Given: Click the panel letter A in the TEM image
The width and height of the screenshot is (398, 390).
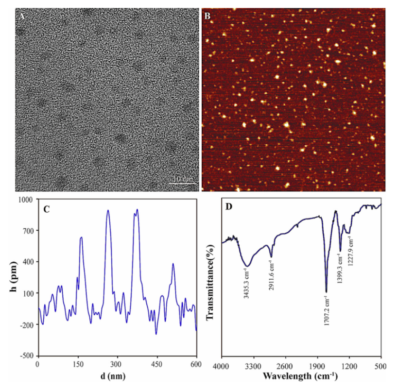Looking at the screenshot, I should (x=21, y=17).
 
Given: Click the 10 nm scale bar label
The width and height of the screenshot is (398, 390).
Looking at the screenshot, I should (x=184, y=179).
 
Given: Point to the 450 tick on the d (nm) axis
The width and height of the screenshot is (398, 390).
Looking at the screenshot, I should (x=156, y=364).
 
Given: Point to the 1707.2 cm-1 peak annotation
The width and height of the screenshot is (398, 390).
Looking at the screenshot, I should (x=327, y=313).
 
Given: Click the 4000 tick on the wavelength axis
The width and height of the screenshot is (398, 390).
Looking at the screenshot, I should (x=222, y=364).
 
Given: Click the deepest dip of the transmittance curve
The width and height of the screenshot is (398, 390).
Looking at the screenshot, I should (x=326, y=291).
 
